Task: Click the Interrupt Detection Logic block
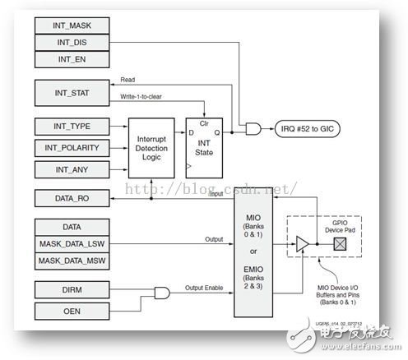pyautogui.click(x=155, y=146)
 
